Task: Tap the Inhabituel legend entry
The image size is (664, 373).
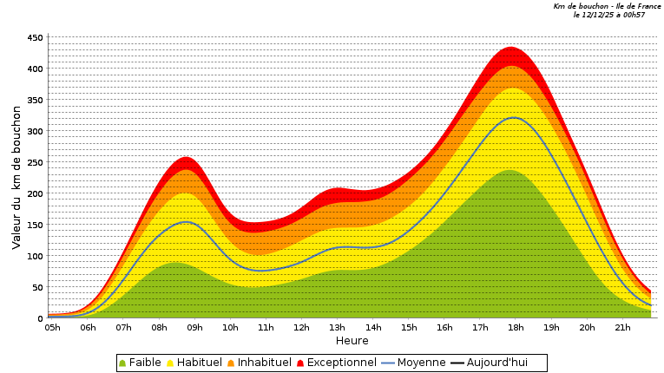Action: [258, 363]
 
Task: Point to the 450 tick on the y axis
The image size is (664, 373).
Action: [35, 38]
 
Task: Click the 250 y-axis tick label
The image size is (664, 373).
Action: [35, 163]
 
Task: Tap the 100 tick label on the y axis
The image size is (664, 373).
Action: [35, 257]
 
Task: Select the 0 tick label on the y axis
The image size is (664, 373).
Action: [40, 319]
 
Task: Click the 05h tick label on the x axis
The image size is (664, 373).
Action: [53, 328]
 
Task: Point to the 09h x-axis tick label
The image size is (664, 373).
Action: [195, 328]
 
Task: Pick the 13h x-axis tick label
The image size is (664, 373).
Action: [338, 328]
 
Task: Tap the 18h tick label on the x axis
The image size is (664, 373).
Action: [516, 328]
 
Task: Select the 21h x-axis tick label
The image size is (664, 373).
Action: [622, 328]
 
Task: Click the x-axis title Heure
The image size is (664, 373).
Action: [352, 341]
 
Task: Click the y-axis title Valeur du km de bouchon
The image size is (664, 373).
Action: [16, 177]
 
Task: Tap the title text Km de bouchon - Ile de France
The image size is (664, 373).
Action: [607, 6]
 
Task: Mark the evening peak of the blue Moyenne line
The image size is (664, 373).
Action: [513, 117]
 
